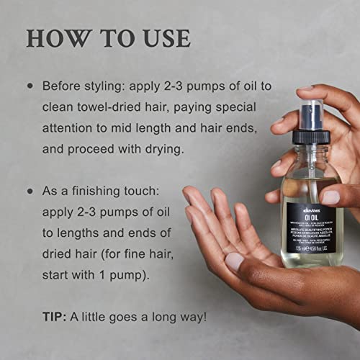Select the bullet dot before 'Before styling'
point(30,85)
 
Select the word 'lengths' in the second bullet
point(79,233)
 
